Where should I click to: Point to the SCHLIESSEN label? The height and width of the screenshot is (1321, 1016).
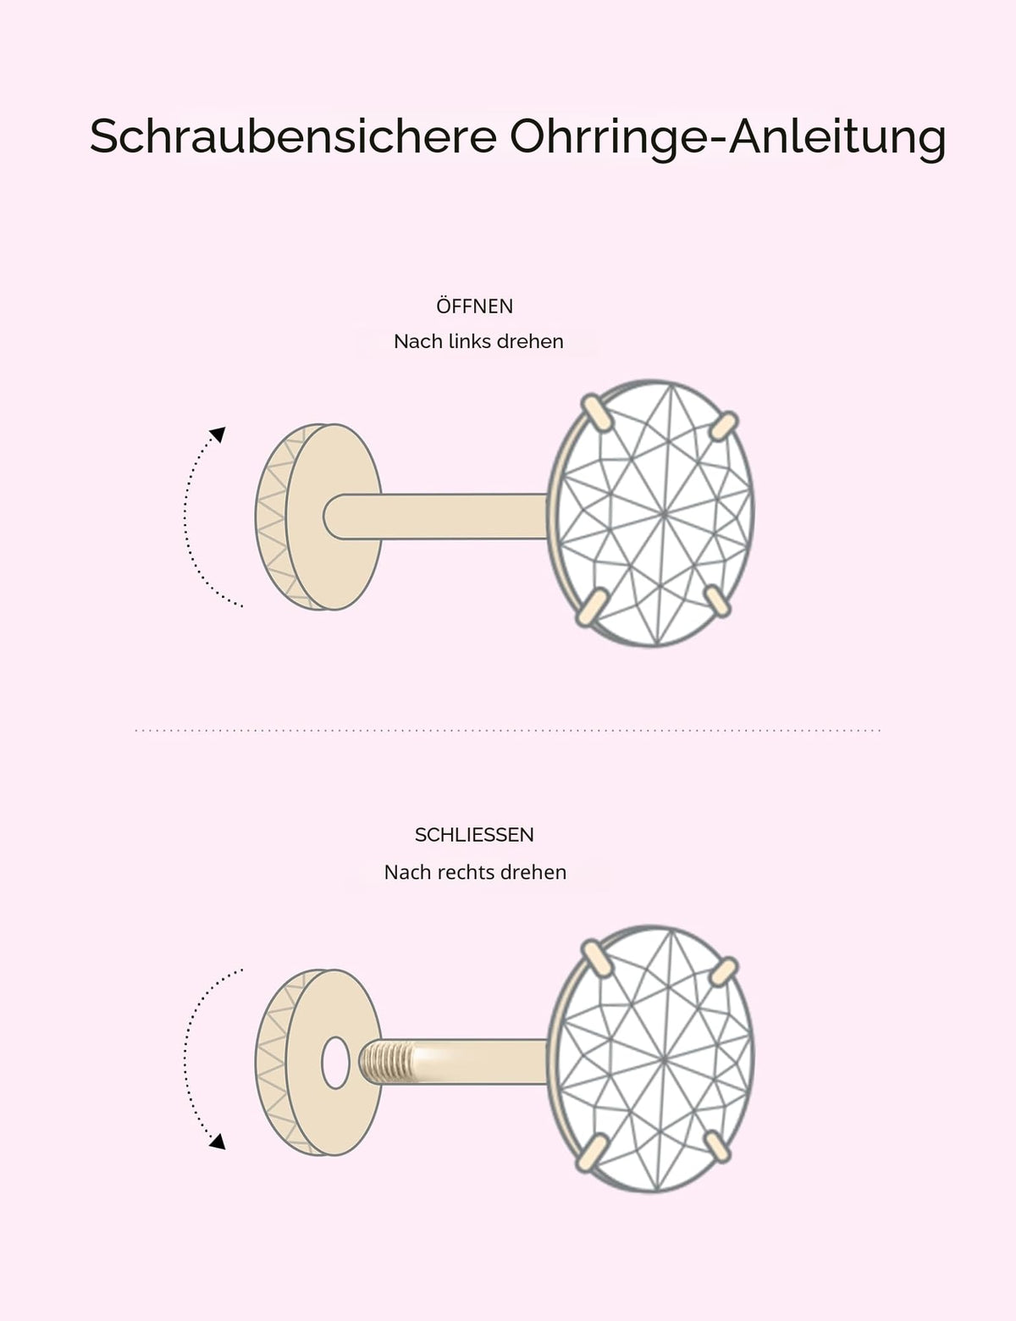[475, 835]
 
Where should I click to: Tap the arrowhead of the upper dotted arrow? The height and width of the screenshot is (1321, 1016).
[218, 434]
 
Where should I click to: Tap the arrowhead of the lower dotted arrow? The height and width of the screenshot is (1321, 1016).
[218, 1141]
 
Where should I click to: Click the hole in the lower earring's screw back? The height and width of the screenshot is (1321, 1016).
[335, 1063]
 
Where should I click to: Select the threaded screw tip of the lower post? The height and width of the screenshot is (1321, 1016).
[388, 1062]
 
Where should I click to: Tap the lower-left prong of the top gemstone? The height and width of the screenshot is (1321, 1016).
[592, 606]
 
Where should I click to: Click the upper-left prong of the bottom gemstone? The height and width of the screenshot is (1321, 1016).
[599, 959]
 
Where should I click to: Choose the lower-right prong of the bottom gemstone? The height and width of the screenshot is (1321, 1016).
[718, 1147]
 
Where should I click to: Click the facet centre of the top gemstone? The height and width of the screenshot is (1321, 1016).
[665, 514]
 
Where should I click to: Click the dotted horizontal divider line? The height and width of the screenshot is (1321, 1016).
[507, 730]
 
